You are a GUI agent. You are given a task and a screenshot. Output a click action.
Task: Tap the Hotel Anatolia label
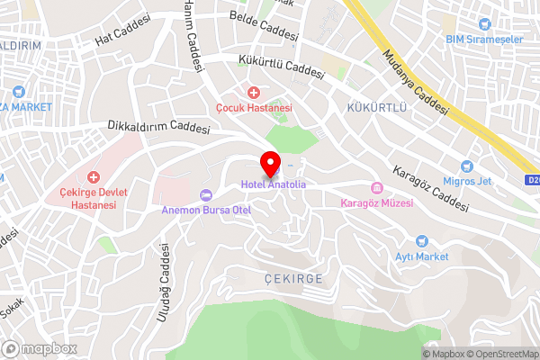coord(273,184)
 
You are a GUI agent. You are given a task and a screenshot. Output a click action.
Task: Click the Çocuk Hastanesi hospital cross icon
coord(254,92)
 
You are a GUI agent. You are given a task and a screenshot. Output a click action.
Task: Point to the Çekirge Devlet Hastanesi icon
coord(94,177)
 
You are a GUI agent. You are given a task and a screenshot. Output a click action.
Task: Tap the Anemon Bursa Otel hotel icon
coord(205,194)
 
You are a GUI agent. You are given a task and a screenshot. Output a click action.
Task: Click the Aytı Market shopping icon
coord(421,241)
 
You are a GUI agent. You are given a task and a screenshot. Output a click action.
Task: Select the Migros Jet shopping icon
coord(466,166)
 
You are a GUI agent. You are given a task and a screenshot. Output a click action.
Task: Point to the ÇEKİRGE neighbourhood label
coord(294,278)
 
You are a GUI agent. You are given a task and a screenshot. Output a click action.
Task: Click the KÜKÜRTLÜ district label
coord(378,108)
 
